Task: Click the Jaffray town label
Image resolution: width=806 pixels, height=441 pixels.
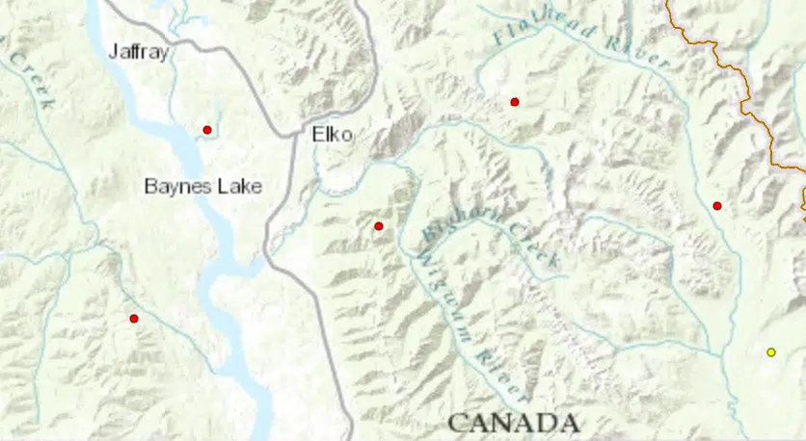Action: (139, 52)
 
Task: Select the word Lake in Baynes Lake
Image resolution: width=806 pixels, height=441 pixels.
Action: (238, 186)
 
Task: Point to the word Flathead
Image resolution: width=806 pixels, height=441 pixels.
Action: (536, 23)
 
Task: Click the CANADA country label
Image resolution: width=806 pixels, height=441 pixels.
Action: (513, 423)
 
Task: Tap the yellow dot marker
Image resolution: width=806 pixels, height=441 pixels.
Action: (770, 352)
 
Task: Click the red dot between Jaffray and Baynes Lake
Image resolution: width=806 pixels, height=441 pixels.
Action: (206, 130)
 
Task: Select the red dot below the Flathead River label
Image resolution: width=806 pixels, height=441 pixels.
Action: (515, 101)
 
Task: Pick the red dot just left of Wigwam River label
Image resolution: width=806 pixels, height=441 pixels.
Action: (379, 226)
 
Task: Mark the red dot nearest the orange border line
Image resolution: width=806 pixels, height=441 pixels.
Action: (716, 205)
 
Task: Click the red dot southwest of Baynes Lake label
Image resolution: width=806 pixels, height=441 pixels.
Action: (134, 319)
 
